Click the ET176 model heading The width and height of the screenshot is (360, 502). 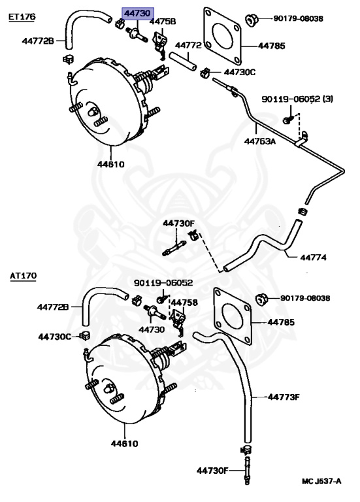tap(22, 16)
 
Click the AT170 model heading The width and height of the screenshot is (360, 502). tap(23, 276)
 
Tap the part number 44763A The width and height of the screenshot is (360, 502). tap(261, 139)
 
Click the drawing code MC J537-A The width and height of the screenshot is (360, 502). tap(321, 482)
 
